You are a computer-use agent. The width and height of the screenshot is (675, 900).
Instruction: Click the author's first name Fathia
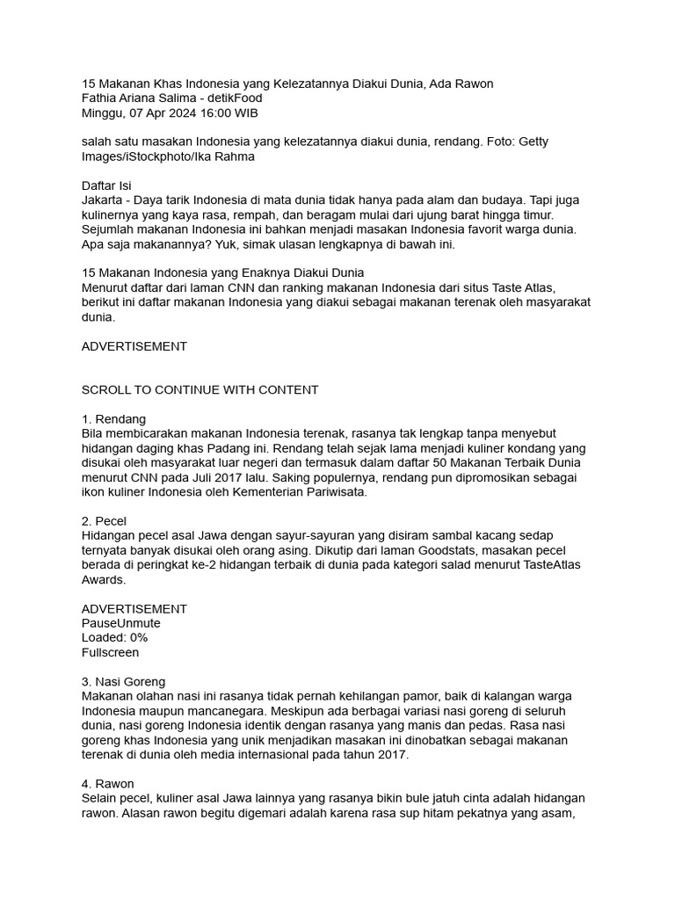[x=99, y=98]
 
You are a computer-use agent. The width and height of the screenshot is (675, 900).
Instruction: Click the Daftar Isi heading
[x=106, y=186]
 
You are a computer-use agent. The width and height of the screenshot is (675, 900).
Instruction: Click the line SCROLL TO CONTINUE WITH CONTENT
[x=200, y=389]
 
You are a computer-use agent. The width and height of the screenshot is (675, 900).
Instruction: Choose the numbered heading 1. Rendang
[x=113, y=419]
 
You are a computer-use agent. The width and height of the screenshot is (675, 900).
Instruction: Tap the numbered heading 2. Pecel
[x=104, y=521]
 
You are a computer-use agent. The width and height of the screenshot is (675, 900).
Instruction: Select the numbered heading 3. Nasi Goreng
[x=123, y=681]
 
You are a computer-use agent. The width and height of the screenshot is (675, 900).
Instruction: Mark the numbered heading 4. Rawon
[x=107, y=783]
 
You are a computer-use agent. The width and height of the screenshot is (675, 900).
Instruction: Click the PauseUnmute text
[x=121, y=623]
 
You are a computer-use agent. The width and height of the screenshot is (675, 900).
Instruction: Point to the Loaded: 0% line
[x=114, y=638]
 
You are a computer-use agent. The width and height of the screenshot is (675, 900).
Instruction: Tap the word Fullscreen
[x=110, y=652]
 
